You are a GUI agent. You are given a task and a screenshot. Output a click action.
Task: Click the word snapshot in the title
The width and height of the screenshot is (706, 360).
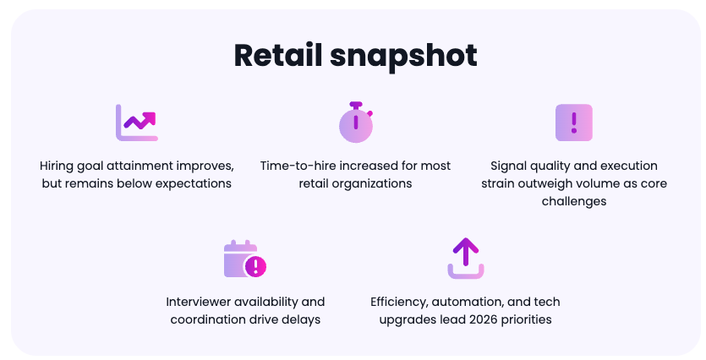click(403, 57)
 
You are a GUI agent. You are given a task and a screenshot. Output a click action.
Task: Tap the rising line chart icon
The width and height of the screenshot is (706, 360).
click(137, 123)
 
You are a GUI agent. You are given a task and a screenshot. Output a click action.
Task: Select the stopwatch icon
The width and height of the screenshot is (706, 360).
click(356, 123)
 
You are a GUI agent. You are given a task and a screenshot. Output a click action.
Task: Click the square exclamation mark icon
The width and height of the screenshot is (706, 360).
click(573, 123)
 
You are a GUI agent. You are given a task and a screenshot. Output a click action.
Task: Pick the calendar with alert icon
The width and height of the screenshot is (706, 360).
click(245, 259)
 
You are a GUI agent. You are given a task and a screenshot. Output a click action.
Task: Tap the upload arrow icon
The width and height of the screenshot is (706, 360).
click(466, 259)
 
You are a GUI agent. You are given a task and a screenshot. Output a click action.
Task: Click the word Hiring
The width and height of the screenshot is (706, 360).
click(57, 166)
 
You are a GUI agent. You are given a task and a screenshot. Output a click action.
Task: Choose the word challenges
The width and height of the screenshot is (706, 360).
click(574, 202)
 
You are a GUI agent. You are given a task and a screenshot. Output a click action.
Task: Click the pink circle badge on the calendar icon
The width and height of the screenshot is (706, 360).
click(255, 266)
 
